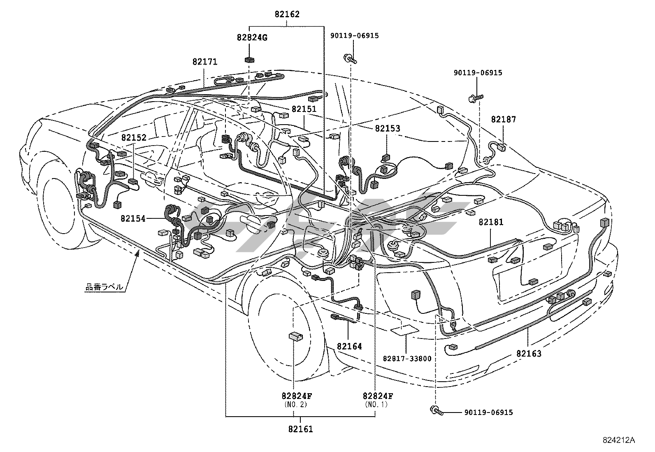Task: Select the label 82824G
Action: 252,38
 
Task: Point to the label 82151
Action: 304,109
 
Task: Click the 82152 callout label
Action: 134,138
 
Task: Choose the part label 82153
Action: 387,129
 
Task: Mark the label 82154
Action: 133,218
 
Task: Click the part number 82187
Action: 503,120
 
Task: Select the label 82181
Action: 491,223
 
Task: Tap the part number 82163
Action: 529,353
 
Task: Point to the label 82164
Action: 349,346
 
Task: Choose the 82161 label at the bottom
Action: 300,429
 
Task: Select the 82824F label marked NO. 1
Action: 378,396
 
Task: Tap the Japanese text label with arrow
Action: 104,287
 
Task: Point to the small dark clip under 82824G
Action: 249,60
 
